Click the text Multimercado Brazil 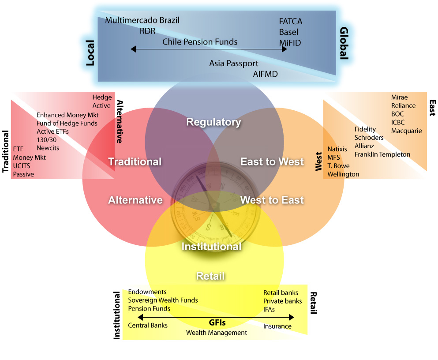pos(142,20)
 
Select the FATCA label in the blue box pos(291,21)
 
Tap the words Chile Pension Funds pos(200,42)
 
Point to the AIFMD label pos(266,74)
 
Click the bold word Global pos(344,43)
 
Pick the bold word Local pos(90,53)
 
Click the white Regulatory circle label pos(213,122)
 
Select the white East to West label pos(272,161)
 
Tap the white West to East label pos(272,200)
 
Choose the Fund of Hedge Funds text pos(67,124)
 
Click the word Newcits pos(48,148)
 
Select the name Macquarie pos(406,131)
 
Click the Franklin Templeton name pos(382,154)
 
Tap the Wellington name pos(343,174)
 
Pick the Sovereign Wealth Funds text pos(163,300)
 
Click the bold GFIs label pos(217,322)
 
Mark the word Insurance pos(277,326)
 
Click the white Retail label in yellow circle pos(210,276)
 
